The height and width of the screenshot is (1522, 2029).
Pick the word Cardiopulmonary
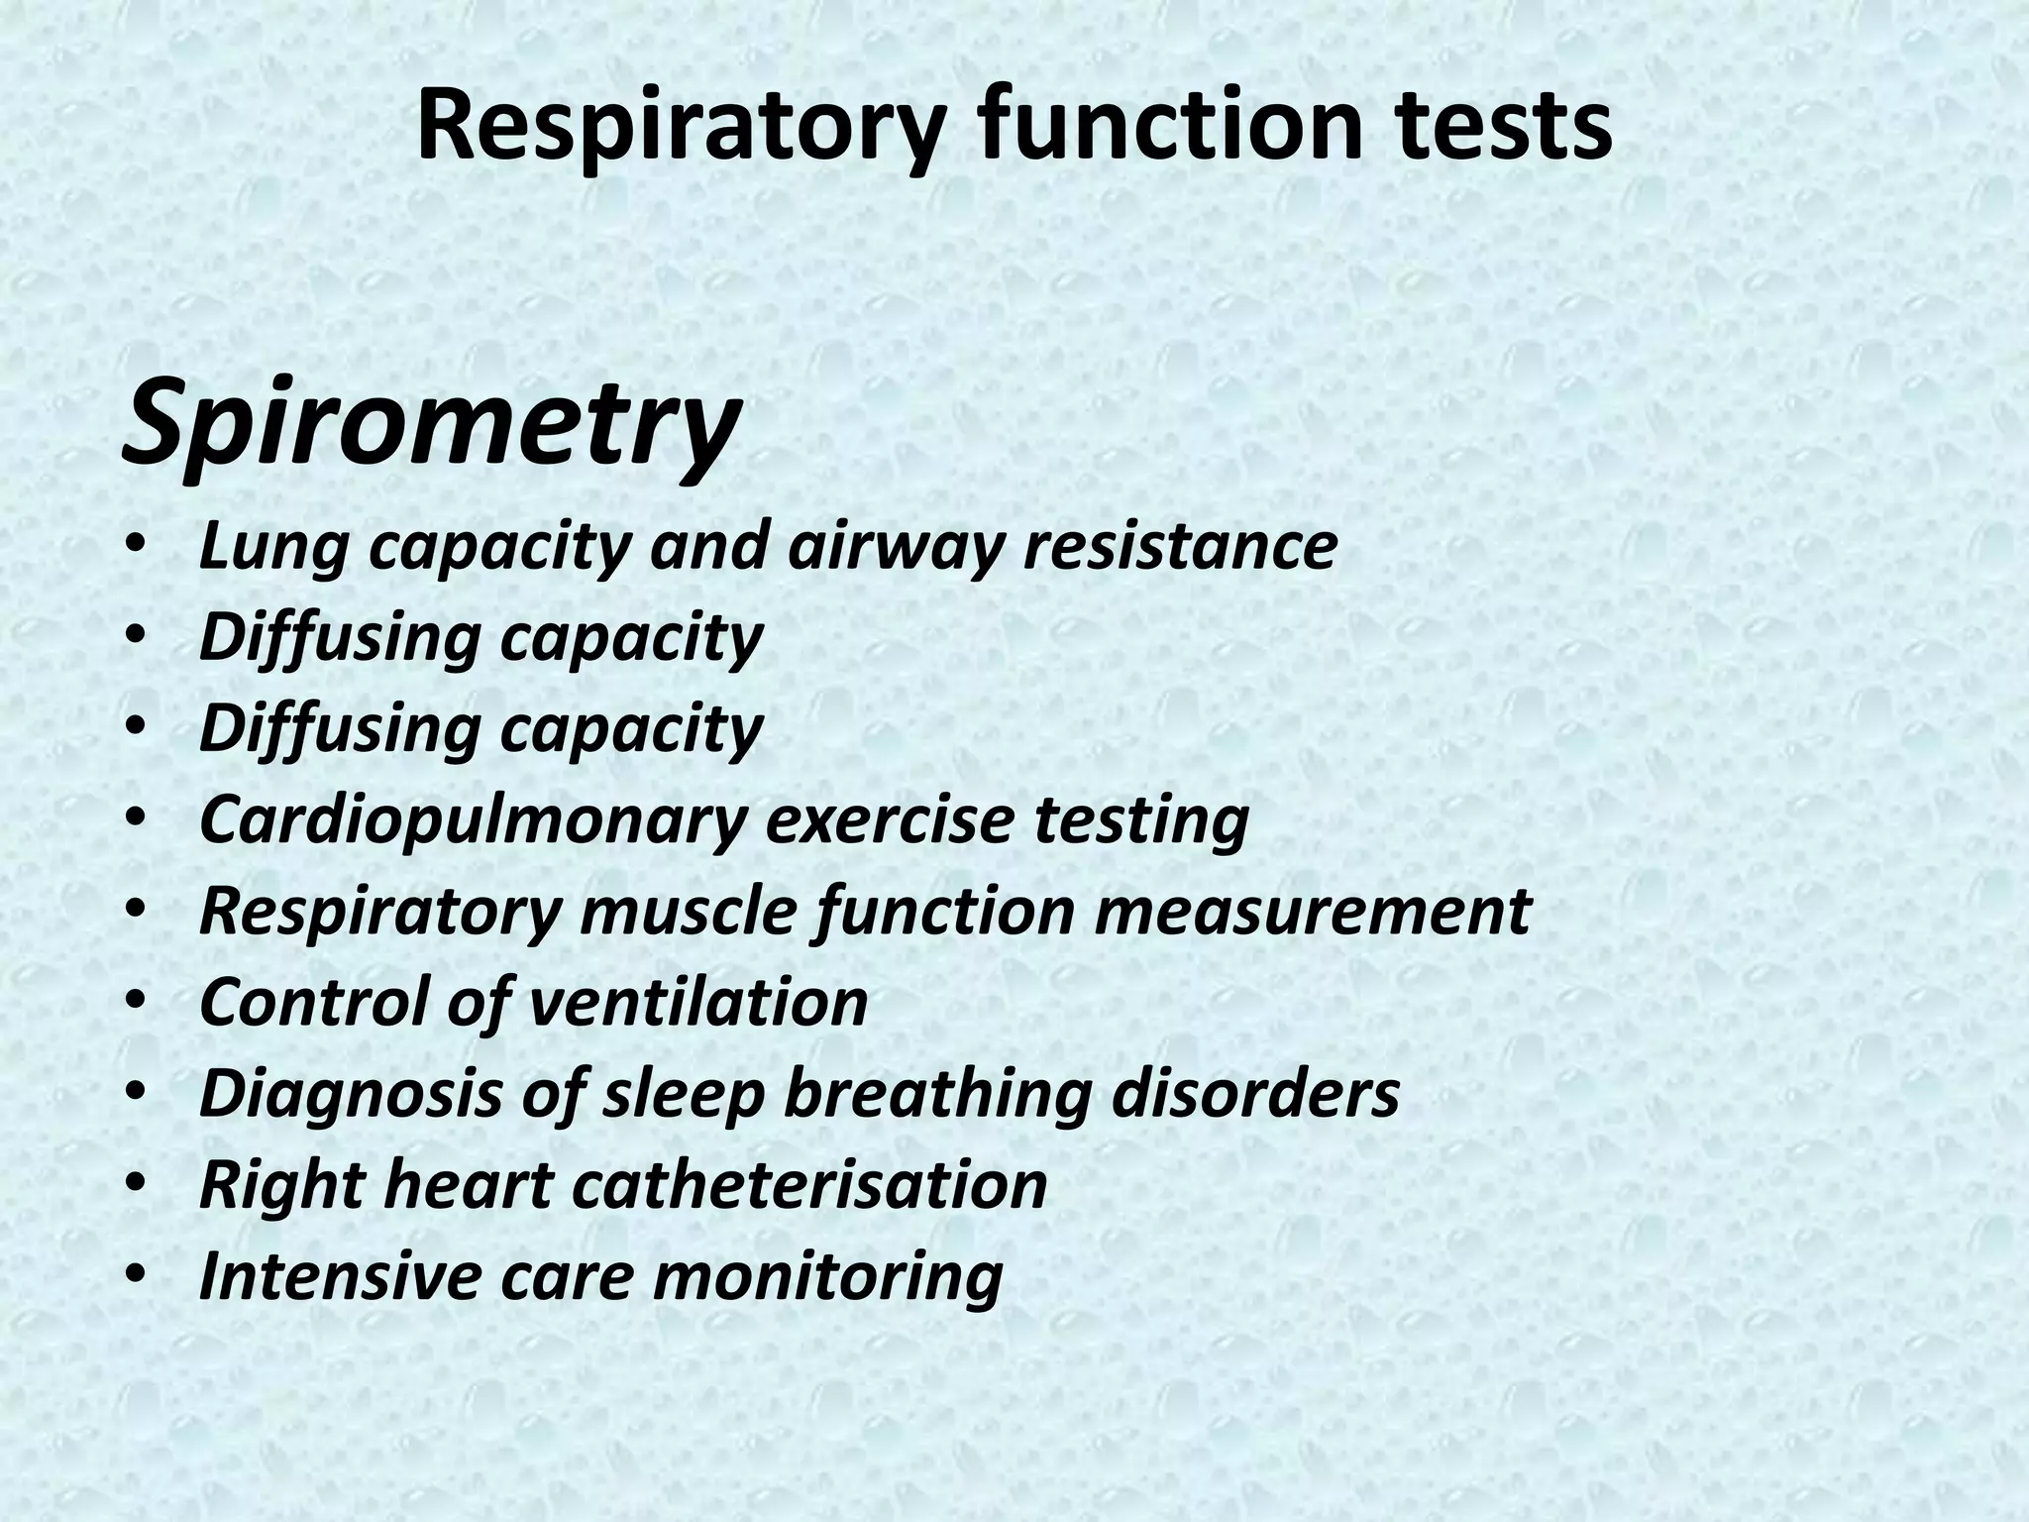(x=472, y=821)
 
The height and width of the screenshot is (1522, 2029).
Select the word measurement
(x=1313, y=912)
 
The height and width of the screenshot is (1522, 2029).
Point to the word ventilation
(x=698, y=1002)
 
